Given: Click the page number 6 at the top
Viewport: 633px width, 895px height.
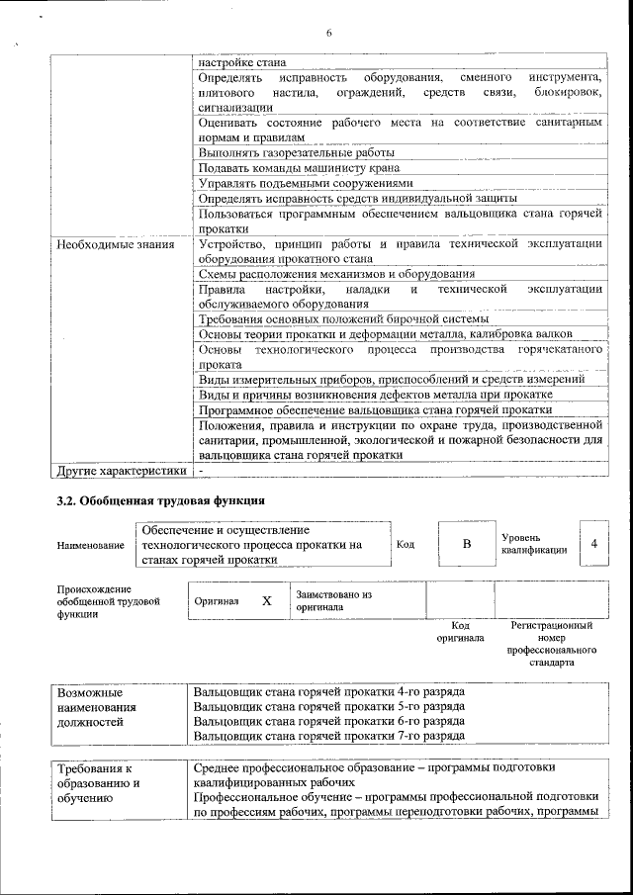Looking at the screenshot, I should coord(328,34).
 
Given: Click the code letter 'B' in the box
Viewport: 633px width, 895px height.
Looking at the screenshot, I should coord(467,544).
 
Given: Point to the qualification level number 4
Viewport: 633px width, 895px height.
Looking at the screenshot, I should coord(593,544).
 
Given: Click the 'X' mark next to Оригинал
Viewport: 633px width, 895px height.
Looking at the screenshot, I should coord(266,600).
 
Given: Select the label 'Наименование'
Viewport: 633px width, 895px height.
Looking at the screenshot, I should coord(90,545).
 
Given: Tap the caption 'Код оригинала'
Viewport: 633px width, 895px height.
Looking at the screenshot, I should coord(460,632).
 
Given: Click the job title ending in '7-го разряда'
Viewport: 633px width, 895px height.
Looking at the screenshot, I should coord(329,737).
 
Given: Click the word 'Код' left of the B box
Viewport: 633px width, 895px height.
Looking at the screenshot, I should coord(406,545).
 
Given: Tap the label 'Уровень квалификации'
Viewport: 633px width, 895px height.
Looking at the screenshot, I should coord(534,544).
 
